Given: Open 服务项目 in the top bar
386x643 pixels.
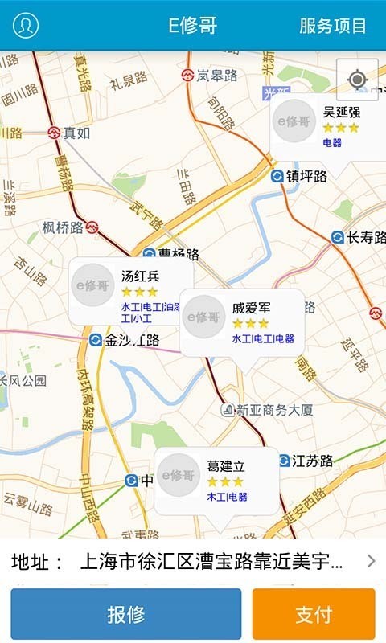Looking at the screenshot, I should tap(332, 25).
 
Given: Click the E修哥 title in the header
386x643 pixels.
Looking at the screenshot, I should tap(193, 25).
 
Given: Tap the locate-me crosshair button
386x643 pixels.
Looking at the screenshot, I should tap(357, 79).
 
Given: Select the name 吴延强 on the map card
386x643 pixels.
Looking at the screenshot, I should tap(342, 112).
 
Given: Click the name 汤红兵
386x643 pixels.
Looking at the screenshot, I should tap(141, 276).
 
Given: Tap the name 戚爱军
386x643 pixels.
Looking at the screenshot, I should tap(252, 307).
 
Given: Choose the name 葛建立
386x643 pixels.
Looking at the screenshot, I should tap(226, 466).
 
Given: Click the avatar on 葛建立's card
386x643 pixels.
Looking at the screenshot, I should tap(179, 476).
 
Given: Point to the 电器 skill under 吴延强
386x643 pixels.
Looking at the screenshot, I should tap(332, 143).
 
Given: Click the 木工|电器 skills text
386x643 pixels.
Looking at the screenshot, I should tap(228, 497).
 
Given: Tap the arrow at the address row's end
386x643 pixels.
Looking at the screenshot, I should tap(371, 561).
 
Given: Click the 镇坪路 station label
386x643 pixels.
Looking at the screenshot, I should tap(306, 177).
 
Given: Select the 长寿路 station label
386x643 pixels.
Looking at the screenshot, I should tap(367, 237).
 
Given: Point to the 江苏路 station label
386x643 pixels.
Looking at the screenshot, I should tap(312, 461).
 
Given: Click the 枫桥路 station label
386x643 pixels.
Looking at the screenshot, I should tap(63, 227).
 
